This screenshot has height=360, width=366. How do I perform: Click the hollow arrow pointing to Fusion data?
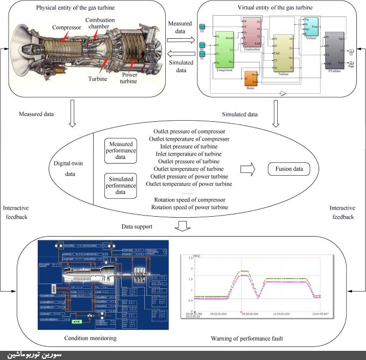[x=247, y=169]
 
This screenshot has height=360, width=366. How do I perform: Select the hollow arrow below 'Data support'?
[x=183, y=225]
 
